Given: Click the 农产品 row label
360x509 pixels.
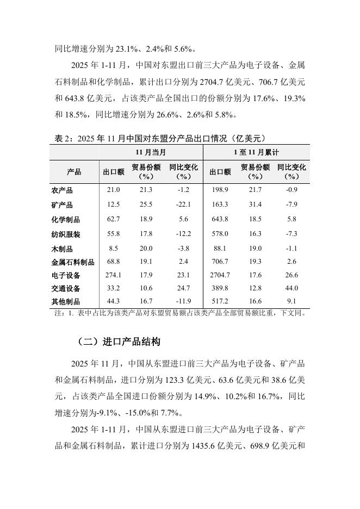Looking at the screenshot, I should click(61, 190).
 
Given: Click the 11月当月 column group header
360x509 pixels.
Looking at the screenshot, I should click(151, 152).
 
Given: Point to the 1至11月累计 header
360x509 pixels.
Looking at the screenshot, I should click(256, 152).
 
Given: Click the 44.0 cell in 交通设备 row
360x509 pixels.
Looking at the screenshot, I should click(291, 288).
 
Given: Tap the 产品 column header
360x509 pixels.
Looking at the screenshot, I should click(74, 172).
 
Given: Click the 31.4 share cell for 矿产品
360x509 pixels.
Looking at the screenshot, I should click(255, 204).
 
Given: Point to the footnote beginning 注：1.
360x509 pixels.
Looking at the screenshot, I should click(180, 313).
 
